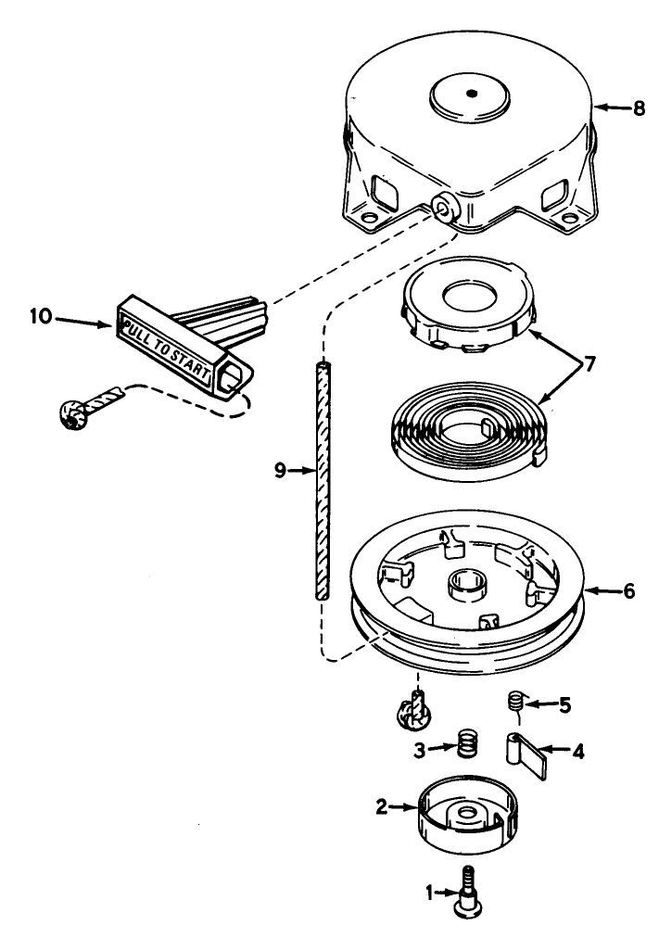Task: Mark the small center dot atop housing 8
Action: (472, 93)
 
